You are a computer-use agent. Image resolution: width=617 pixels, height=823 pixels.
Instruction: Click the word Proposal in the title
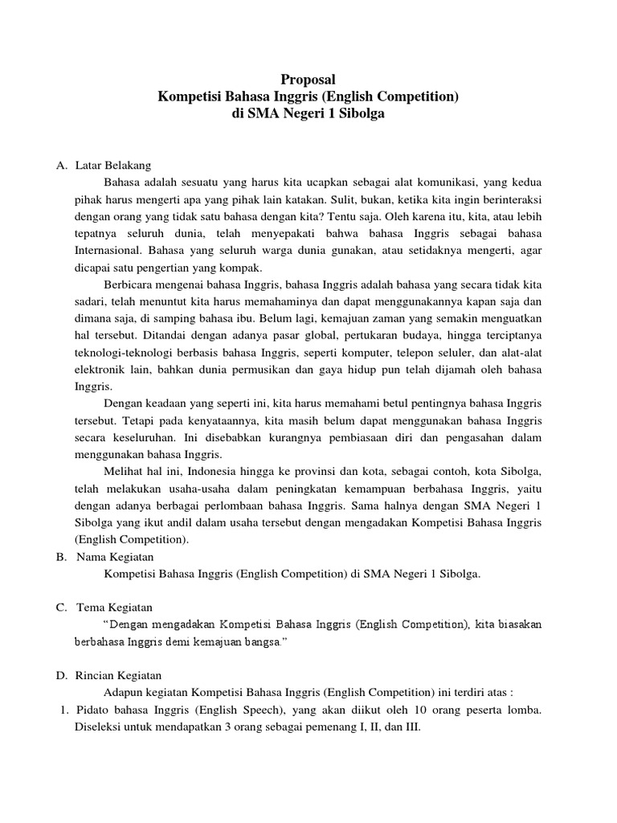[x=308, y=80]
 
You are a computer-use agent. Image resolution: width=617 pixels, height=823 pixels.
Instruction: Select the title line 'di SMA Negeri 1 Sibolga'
[x=308, y=114]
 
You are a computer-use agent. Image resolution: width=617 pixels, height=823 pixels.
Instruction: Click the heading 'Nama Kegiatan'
[x=114, y=556]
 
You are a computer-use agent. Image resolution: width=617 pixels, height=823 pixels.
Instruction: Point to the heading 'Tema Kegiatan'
[x=113, y=607]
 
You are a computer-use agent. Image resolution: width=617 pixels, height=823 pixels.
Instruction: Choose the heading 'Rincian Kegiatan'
[x=118, y=676]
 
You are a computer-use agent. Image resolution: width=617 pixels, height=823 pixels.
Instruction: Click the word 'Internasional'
[x=100, y=250]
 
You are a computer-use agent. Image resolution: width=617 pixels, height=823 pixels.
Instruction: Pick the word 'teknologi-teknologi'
[x=114, y=352]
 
